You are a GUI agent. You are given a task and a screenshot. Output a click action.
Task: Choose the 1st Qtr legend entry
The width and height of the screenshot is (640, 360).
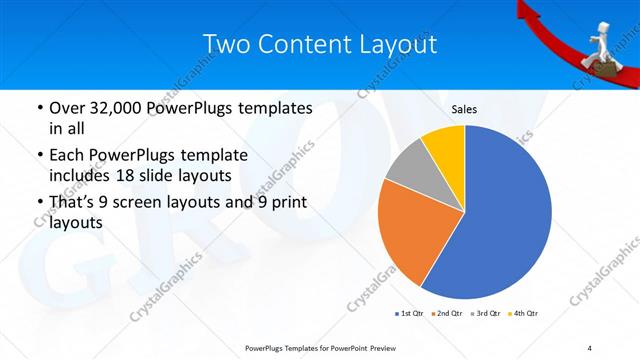tap(409, 314)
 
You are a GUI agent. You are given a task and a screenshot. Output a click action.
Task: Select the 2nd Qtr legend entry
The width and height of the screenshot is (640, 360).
tap(446, 314)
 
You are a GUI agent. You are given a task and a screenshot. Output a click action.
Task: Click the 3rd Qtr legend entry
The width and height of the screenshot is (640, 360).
tap(484, 314)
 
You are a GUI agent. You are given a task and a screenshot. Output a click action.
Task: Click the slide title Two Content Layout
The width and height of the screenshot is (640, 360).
tap(319, 45)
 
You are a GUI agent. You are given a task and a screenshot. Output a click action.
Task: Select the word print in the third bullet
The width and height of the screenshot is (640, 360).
tap(287, 204)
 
